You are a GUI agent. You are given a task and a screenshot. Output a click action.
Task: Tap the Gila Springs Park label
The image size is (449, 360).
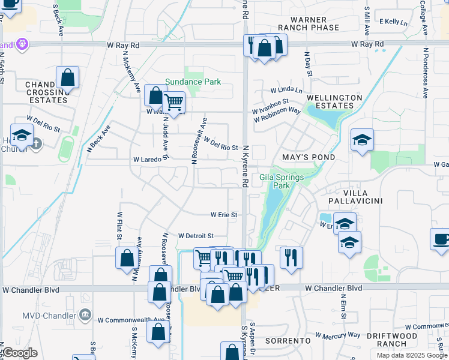(x=282, y=181)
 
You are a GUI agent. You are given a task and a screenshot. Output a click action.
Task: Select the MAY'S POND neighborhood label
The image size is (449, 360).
(x=309, y=157)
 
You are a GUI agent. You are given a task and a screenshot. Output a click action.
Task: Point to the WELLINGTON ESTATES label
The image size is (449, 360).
(x=334, y=101)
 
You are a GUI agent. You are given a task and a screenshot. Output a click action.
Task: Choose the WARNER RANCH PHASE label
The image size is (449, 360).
(x=308, y=23)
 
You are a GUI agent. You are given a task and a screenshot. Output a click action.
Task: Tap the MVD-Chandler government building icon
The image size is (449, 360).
(x=85, y=314)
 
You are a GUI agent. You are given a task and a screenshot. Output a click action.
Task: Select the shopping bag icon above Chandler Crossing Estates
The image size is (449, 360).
(x=68, y=77)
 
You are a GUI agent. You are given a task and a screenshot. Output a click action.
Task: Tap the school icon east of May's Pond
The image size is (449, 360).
(x=362, y=140)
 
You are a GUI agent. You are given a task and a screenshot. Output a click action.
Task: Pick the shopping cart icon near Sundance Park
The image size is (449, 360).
(x=173, y=102)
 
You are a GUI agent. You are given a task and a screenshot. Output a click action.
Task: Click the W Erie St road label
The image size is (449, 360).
(x=224, y=214)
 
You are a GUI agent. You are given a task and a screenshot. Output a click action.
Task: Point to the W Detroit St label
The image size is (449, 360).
(x=196, y=236)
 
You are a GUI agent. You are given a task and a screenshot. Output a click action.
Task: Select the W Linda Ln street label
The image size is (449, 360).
(x=286, y=90)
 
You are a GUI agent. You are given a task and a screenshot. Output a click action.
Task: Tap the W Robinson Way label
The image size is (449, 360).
(x=277, y=115)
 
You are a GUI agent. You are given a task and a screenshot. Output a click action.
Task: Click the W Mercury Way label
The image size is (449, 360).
(x=337, y=335)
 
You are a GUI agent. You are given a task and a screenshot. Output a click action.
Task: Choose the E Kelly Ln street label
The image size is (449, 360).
(x=393, y=22)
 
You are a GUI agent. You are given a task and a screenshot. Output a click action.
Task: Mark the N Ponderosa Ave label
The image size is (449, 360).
(x=425, y=73)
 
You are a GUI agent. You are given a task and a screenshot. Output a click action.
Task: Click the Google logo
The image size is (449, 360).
(x=19, y=353)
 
